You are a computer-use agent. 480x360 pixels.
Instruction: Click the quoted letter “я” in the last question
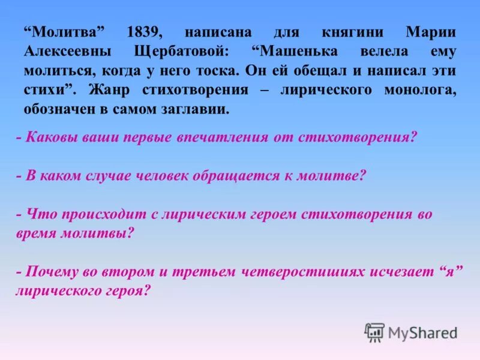click(449, 271)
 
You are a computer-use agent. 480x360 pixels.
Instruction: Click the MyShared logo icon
click(374, 332)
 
